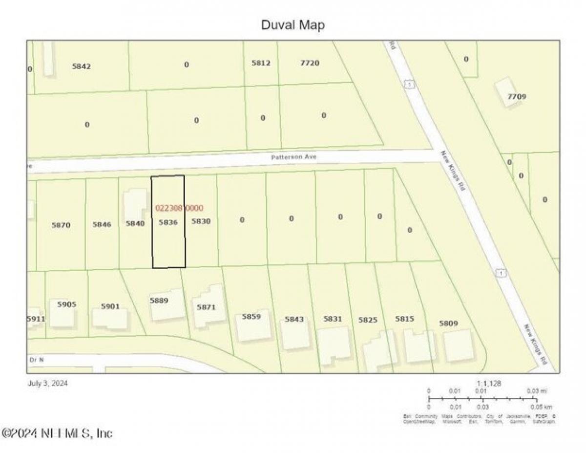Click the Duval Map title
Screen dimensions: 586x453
coord(293,25)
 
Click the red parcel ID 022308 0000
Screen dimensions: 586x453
coord(179,208)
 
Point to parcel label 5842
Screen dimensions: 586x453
coord(82,66)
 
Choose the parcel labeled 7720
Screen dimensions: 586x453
coord(310,63)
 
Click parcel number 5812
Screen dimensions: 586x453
coord(261,63)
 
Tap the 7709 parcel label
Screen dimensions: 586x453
coord(517,97)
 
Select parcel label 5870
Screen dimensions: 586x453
coord(61,225)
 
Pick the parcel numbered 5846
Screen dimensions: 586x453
coord(102,224)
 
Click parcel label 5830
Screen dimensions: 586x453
coord(201,221)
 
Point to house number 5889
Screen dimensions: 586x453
coord(159,301)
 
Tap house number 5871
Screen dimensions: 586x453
coord(206,307)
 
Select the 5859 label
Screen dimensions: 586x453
coord(251,317)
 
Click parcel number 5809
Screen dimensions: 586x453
coord(448,323)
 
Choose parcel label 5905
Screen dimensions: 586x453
coord(67,304)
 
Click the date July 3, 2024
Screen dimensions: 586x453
coord(47,383)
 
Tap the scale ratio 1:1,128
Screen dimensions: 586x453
coord(488,384)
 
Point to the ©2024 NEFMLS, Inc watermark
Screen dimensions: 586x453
coord(58,433)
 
